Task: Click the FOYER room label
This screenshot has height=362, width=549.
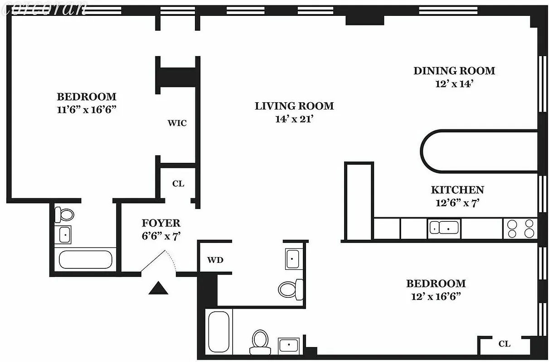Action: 161,223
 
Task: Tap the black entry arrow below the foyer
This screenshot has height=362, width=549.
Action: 158,288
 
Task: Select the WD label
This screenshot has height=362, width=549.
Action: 215,260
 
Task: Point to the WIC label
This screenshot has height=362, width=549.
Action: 177,123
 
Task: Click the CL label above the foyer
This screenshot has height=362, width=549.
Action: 178,184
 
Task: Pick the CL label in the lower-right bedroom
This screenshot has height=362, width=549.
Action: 504,344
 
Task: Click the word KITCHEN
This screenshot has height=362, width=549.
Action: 457,190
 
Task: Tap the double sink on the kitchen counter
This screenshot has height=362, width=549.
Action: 444,228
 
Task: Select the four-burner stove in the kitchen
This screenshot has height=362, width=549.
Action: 520,229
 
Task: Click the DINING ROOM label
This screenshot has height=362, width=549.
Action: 454,71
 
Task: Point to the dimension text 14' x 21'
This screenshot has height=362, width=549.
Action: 294,119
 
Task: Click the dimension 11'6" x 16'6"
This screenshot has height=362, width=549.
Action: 87,110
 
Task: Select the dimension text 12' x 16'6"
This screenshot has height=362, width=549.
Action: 436,297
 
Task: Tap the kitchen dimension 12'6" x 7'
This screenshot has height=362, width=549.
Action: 457,203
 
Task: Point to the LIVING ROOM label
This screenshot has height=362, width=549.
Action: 294,106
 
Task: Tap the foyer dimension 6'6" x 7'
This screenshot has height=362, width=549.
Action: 161,236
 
